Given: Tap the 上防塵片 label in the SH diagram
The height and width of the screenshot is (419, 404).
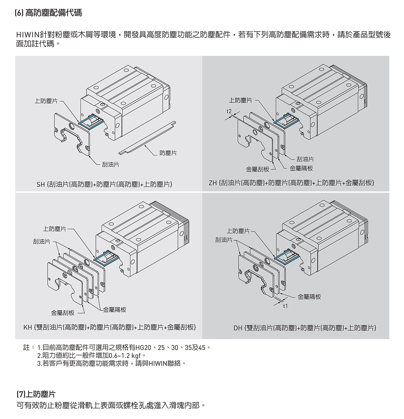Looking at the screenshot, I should click(46, 101).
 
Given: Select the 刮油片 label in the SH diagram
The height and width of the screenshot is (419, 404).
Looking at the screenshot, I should click(111, 165).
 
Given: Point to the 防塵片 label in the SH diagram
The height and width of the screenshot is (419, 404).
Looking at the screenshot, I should click(168, 153).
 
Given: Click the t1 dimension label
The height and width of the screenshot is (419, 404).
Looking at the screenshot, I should click(285, 306).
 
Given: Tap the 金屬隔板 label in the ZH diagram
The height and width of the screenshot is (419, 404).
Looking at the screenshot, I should click(301, 168).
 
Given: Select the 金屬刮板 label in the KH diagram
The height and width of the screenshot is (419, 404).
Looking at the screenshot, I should click(63, 313).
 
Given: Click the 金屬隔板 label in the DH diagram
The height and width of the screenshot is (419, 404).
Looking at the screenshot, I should click(309, 296).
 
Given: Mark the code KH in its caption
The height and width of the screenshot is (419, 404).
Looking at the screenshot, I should click(28, 327).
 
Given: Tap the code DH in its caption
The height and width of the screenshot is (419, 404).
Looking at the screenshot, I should click(238, 328).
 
